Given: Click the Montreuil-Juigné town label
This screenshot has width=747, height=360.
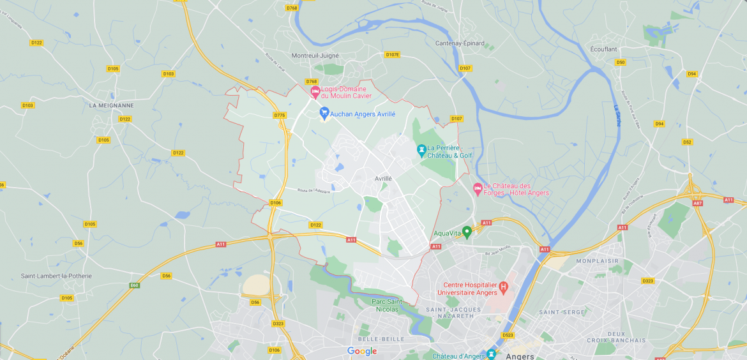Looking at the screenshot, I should point(315,56).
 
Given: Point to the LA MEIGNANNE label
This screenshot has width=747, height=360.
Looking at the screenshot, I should point(112,105).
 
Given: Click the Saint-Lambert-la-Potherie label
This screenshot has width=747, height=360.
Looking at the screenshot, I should point(56,276).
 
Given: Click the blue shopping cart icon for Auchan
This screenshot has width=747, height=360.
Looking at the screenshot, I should point(324,112).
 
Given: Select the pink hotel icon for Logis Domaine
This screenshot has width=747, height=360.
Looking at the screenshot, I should point(315,92).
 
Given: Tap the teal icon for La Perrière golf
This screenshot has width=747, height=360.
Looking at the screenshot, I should point(421,151).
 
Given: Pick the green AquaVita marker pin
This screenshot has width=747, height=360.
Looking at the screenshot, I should point(467,232).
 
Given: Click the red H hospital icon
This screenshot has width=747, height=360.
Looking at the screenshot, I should point(503,288).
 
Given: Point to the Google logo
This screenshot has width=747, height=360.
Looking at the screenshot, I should point(362,351).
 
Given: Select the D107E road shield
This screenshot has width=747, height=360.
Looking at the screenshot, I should point(393,55).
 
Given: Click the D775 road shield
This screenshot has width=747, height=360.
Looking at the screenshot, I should point(280,115).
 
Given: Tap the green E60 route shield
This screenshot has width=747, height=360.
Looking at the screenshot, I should point(135,285).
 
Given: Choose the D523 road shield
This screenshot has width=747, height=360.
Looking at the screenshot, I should point(508,335).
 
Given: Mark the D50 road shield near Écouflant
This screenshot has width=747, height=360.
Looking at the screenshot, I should point(620,62).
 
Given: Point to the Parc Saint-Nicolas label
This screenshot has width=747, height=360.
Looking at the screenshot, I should point(387,305).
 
